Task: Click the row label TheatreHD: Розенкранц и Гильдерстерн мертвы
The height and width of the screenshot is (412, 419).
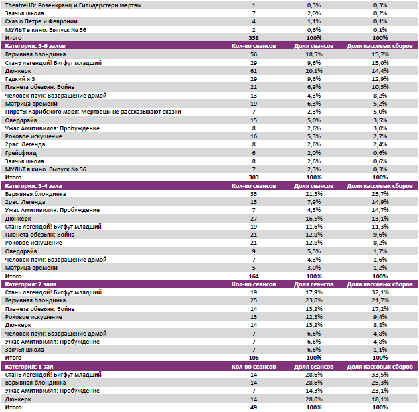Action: click(x=59, y=5)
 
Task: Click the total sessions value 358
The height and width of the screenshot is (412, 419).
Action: click(x=254, y=38)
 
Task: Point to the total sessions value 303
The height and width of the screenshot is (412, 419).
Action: click(x=254, y=177)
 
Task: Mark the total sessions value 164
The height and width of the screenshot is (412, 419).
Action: click(x=254, y=276)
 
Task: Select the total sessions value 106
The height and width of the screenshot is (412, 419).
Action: click(x=254, y=358)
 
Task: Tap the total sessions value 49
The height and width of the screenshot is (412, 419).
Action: click(x=254, y=407)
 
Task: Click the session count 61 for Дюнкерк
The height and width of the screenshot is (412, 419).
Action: click(x=254, y=70)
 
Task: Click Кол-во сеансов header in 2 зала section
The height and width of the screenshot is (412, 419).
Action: click(x=254, y=284)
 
